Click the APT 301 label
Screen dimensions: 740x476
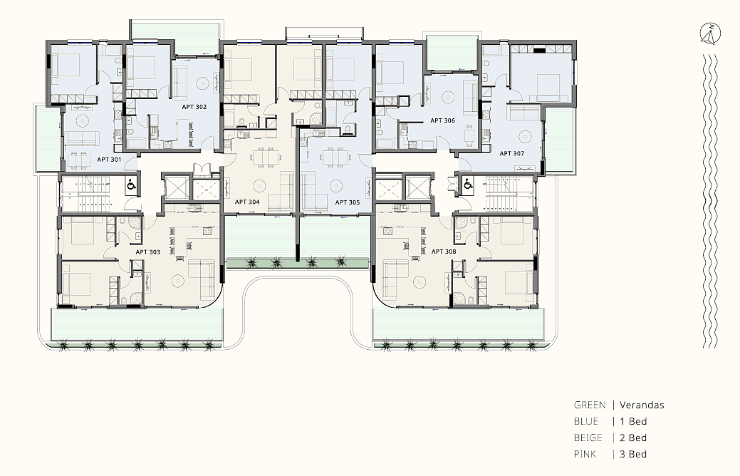pyautogui.click(x=109, y=160)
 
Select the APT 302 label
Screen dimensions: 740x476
pyautogui.click(x=194, y=107)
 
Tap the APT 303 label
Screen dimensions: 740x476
pyautogui.click(x=147, y=252)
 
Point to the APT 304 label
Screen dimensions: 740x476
pyautogui.click(x=247, y=202)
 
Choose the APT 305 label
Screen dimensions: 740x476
pyautogui.click(x=348, y=202)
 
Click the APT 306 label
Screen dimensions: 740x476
pyautogui.click(x=443, y=121)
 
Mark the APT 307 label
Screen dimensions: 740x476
pyautogui.click(x=512, y=153)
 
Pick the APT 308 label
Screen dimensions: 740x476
pyautogui.click(x=444, y=252)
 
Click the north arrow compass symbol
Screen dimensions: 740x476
pyautogui.click(x=710, y=34)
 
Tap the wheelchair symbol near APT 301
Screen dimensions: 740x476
pyautogui.click(x=131, y=185)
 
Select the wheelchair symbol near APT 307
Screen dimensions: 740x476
pyautogui.click(x=468, y=184)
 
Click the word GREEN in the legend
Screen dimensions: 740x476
pyautogui.click(x=590, y=405)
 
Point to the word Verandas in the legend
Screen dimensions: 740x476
pyautogui.click(x=642, y=405)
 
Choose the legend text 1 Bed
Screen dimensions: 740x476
pyautogui.click(x=633, y=422)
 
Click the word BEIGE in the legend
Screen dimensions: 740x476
pyautogui.click(x=588, y=438)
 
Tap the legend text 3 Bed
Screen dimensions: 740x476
pyautogui.click(x=633, y=455)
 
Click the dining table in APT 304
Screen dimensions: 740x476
pyautogui.click(x=265, y=157)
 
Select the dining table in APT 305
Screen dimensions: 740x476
pyautogui.click(x=335, y=157)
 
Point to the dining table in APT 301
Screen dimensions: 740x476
pyautogui.click(x=79, y=161)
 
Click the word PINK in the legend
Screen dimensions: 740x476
pyautogui.click(x=585, y=455)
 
